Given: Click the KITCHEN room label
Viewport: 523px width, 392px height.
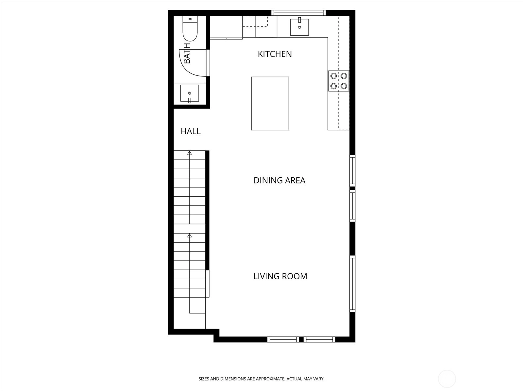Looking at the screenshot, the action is [275, 54].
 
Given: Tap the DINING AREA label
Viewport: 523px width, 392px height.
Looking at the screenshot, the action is [279, 180].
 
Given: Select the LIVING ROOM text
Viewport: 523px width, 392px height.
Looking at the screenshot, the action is [280, 276].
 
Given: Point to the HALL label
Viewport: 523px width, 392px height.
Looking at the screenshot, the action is [191, 131].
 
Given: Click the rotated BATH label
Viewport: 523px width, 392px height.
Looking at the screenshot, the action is [187, 53].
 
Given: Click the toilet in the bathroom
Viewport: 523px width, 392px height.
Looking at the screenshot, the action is [190, 28].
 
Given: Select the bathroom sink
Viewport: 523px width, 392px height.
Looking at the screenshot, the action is [190, 93].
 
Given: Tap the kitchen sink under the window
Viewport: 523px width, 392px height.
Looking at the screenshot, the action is [299, 27].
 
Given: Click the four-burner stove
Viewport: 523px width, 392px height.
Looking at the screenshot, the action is [339, 81].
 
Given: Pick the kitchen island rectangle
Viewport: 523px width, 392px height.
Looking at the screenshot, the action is [270, 104].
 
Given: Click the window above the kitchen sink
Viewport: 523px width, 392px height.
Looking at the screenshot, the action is [298, 13].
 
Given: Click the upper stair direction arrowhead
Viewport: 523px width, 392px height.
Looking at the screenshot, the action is [189, 153].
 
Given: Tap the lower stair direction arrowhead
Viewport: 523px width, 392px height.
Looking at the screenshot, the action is [189, 236].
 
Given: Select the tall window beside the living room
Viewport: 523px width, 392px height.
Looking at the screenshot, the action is [352, 284].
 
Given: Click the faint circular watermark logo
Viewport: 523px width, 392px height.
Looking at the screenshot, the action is [447, 379].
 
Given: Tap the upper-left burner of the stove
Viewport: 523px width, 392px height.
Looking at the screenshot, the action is [334, 76].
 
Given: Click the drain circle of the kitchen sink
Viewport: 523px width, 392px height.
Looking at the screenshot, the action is [299, 27].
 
